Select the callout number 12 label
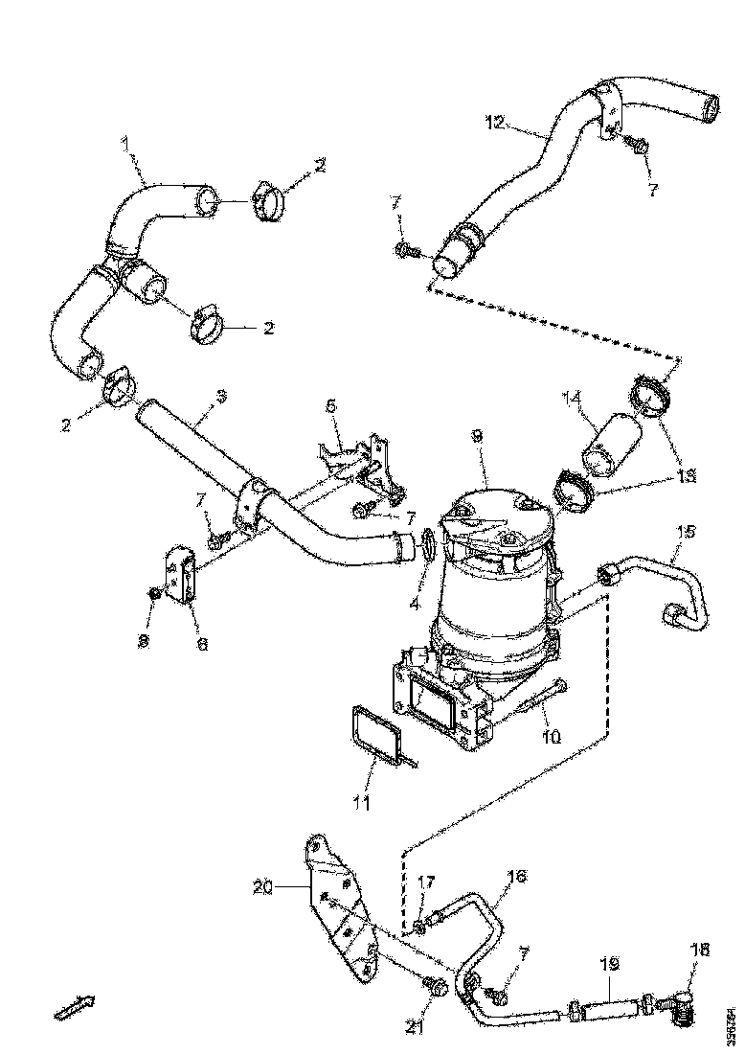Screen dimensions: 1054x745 [494, 122]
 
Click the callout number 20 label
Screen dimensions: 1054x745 [263, 888]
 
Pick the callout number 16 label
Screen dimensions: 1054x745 [517, 876]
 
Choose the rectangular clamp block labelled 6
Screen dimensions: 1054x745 [184, 575]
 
